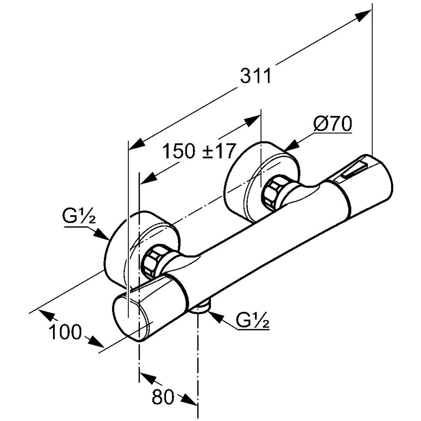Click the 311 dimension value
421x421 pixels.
[x=256, y=76]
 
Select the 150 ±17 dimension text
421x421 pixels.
[x=199, y=151]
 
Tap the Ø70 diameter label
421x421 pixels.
[x=333, y=124]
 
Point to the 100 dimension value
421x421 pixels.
[x=65, y=332]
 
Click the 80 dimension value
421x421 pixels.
[x=163, y=397]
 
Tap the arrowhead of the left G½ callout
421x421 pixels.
[x=102, y=233]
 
